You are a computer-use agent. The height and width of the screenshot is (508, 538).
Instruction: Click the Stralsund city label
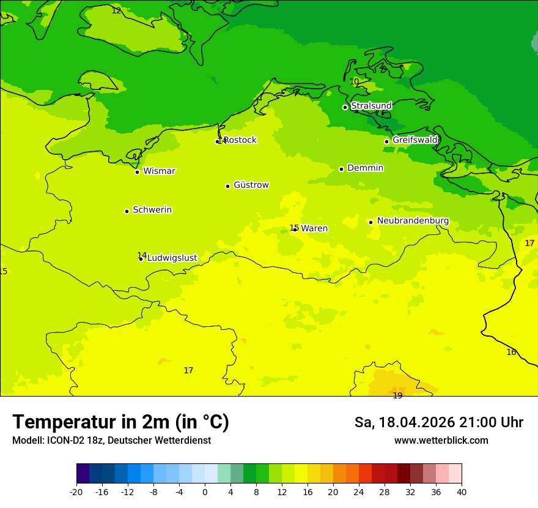(x=371, y=106)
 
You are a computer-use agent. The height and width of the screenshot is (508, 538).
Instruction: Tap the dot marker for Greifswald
(x=386, y=141)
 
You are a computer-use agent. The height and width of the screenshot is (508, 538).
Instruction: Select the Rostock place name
(x=240, y=140)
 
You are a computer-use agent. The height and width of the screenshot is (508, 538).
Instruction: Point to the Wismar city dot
(x=137, y=172)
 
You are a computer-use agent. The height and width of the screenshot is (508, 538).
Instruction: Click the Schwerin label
(x=152, y=210)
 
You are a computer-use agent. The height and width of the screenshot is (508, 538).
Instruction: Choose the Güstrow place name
(x=251, y=185)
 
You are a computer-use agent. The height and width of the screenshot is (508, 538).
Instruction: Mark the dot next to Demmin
(x=341, y=169)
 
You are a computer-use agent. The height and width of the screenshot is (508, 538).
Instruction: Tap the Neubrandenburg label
(x=413, y=221)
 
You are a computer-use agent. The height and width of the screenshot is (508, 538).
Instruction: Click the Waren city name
(x=314, y=228)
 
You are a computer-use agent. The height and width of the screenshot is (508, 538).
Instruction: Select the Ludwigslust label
(x=172, y=258)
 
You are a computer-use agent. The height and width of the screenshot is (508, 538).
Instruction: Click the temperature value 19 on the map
(x=397, y=395)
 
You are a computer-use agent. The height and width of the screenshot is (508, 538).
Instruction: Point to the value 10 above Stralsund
(x=355, y=81)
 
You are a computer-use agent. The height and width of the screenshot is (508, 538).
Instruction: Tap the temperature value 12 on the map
(x=116, y=10)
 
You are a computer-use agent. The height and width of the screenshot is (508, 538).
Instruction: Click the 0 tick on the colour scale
(x=205, y=491)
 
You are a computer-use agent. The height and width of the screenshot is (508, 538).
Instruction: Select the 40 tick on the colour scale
(x=461, y=491)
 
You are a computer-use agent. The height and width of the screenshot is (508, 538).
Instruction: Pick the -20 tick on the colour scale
(x=76, y=491)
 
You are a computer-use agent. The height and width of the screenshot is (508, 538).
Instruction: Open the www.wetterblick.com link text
(x=441, y=440)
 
